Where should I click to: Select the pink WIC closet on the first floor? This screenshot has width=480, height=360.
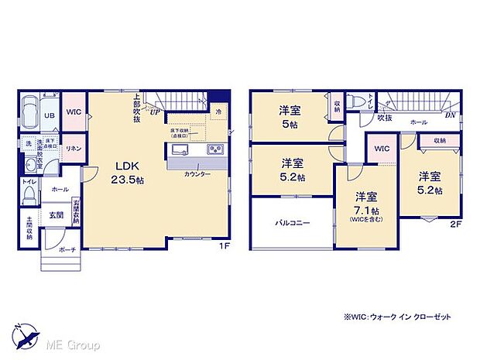(x=74, y=114)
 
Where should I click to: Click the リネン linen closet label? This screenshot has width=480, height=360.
(x=74, y=148)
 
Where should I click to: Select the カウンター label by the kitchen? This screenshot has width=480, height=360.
(x=197, y=174)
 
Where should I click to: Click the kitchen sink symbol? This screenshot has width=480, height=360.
(x=180, y=149)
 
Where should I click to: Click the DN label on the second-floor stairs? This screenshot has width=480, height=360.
(x=449, y=115)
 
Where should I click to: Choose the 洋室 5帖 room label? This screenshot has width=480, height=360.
(x=291, y=115)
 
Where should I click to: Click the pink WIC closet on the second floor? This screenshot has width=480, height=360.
(x=380, y=148)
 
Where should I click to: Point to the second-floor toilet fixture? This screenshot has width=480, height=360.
(x=355, y=101)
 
